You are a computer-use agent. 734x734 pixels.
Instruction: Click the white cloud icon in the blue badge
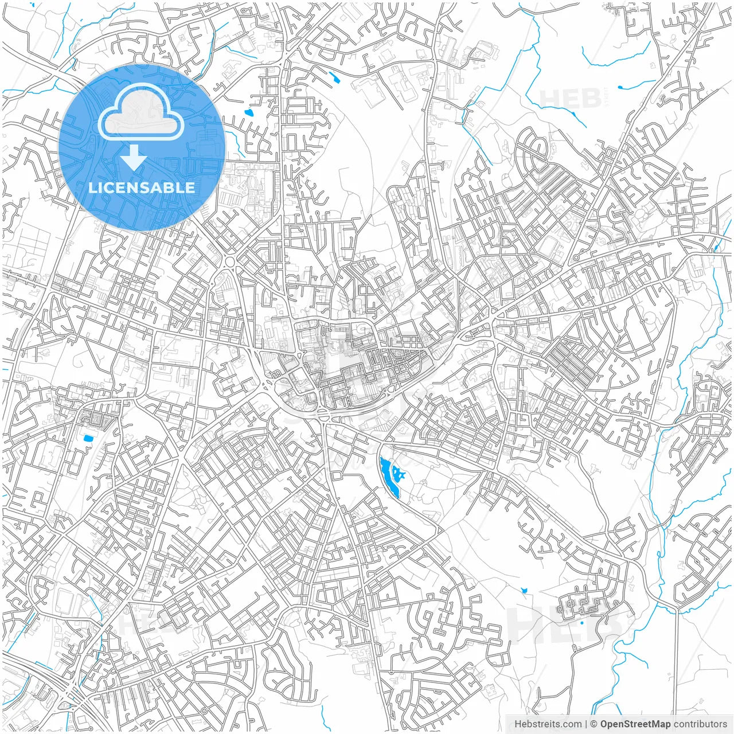(141, 111)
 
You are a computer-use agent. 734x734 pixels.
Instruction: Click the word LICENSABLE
(141, 188)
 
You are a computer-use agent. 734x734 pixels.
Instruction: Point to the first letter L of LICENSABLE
(92, 188)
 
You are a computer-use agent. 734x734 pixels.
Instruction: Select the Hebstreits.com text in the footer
(548, 724)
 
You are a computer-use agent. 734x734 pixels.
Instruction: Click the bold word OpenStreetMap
(635, 724)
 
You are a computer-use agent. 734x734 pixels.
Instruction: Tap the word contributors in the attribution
(700, 724)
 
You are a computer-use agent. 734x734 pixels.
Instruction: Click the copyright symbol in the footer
(594, 724)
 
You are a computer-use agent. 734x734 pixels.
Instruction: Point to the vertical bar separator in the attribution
(586, 724)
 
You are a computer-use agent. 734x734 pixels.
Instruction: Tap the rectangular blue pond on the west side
(88, 439)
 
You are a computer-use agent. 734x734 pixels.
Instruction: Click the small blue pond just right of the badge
(248, 112)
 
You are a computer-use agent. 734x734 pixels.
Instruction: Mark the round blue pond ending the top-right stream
(620, 87)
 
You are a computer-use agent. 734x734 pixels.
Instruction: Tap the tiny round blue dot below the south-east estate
(581, 622)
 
